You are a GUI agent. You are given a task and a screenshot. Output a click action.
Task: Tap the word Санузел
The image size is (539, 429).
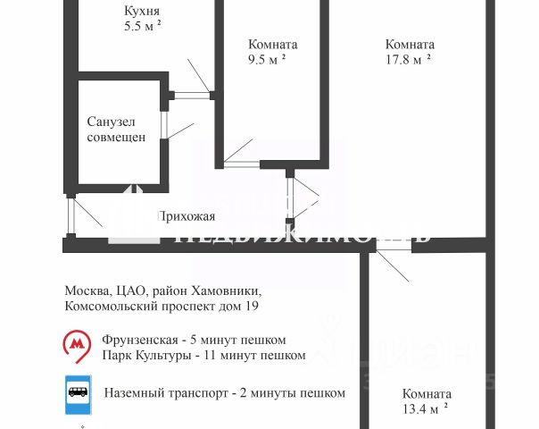click(112, 122)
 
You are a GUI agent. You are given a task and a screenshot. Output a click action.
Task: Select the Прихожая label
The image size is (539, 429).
click(186, 216)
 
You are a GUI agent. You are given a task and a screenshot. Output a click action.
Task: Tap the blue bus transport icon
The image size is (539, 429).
click(78, 391)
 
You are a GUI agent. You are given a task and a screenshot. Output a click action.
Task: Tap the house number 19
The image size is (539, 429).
click(251, 307)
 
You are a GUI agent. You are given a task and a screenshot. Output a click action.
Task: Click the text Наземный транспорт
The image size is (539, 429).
click(166, 391)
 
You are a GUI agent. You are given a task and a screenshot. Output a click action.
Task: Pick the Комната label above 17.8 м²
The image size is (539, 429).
click(410, 44)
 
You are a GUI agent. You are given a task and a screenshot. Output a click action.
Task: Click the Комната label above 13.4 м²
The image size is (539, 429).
click(427, 393)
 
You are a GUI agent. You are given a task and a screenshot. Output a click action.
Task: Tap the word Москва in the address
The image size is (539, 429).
click(86, 291)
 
